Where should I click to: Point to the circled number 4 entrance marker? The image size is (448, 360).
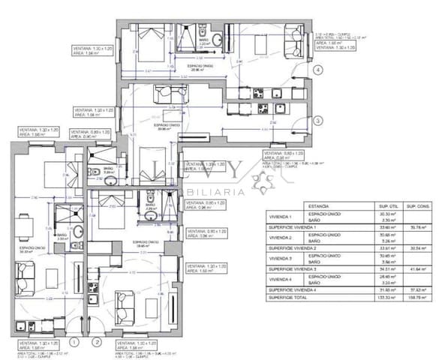point(318,70)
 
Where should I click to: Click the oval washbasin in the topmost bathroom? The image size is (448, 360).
point(217,40)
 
